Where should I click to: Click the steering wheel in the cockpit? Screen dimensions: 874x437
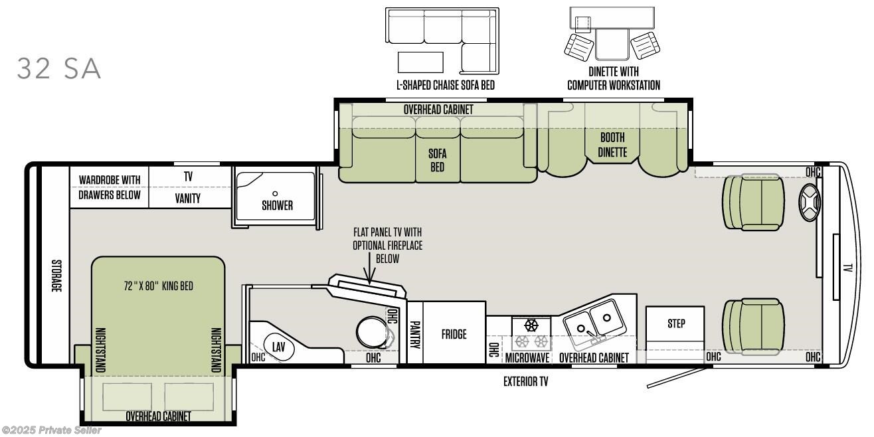pyautogui.click(x=810, y=203)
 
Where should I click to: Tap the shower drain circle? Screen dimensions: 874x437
pyautogui.click(x=275, y=193)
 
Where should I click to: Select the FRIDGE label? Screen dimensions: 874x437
pyautogui.click(x=454, y=334)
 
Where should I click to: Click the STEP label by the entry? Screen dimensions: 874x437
pyautogui.click(x=676, y=323)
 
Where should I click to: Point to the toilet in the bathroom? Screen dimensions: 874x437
pyautogui.click(x=373, y=331)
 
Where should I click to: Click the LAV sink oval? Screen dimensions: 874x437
pyautogui.click(x=278, y=347)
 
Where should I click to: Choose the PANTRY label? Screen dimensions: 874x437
pyautogui.click(x=415, y=335)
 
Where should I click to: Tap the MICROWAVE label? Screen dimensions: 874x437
pyautogui.click(x=527, y=358)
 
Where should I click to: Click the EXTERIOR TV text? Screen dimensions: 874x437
pyautogui.click(x=525, y=381)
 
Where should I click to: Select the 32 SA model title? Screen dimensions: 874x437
pyautogui.click(x=59, y=68)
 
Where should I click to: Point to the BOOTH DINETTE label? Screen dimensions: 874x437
pyautogui.click(x=612, y=145)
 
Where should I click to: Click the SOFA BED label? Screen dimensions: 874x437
pyautogui.click(x=438, y=160)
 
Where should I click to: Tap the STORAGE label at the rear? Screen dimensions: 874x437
pyautogui.click(x=56, y=276)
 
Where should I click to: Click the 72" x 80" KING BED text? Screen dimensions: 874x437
pyautogui.click(x=159, y=286)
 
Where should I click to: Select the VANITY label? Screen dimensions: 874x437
pyautogui.click(x=188, y=199)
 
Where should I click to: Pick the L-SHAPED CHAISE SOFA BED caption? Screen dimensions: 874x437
pyautogui.click(x=446, y=84)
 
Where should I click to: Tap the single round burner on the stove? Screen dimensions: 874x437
pyautogui.click(x=531, y=325)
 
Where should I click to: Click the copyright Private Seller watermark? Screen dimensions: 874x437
pyautogui.click(x=51, y=430)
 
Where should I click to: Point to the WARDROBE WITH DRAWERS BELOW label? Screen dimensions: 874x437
pyautogui.click(x=110, y=188)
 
